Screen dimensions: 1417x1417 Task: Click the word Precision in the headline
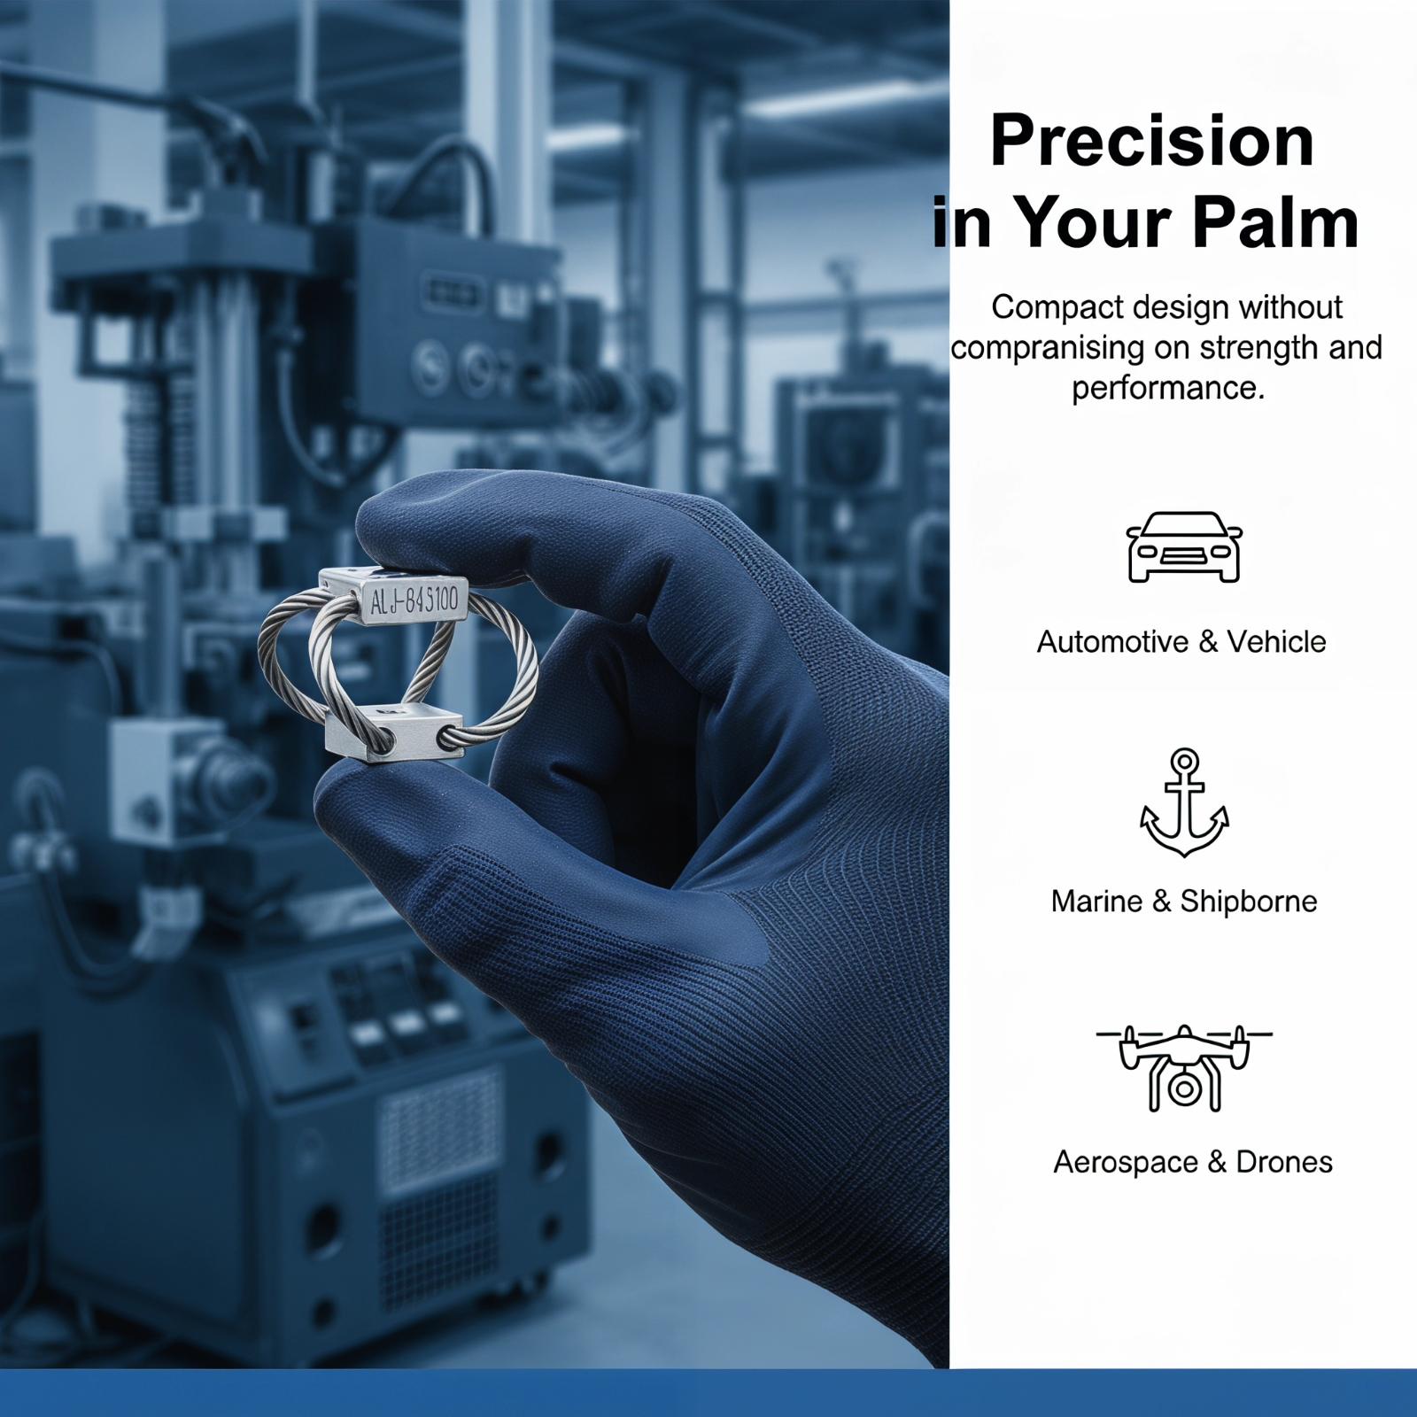[x=1152, y=141]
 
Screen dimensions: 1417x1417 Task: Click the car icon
[x=1184, y=546]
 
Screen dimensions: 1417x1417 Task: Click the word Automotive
[x=1113, y=642]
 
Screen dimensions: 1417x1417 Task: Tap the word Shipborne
[x=1249, y=902]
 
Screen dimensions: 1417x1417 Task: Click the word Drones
[x=1284, y=1162]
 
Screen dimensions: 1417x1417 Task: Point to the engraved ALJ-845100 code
[x=414, y=600]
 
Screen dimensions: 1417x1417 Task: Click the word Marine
[x=1096, y=902]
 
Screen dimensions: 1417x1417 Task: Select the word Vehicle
[x=1276, y=642]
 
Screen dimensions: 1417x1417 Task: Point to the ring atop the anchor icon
[x=1184, y=761]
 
